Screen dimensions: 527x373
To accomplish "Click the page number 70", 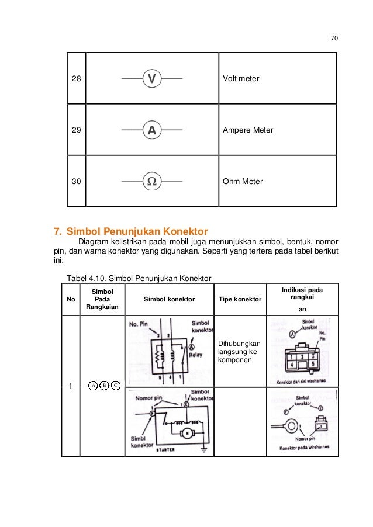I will [334, 39].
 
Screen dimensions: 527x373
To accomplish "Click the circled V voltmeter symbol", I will [151, 78].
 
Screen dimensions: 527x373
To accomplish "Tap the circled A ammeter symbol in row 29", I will [151, 130].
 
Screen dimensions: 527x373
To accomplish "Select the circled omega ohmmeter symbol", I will [151, 181].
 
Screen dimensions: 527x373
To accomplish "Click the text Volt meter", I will [241, 78].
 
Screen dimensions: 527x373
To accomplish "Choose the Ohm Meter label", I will [243, 181].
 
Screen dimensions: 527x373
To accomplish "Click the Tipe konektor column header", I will [240, 299].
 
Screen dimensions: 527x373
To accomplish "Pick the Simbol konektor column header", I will [169, 299].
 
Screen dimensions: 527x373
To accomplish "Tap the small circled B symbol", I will [103, 386].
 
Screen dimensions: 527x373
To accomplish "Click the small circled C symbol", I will [115, 386].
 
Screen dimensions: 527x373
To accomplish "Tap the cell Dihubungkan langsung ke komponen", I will [240, 352].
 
